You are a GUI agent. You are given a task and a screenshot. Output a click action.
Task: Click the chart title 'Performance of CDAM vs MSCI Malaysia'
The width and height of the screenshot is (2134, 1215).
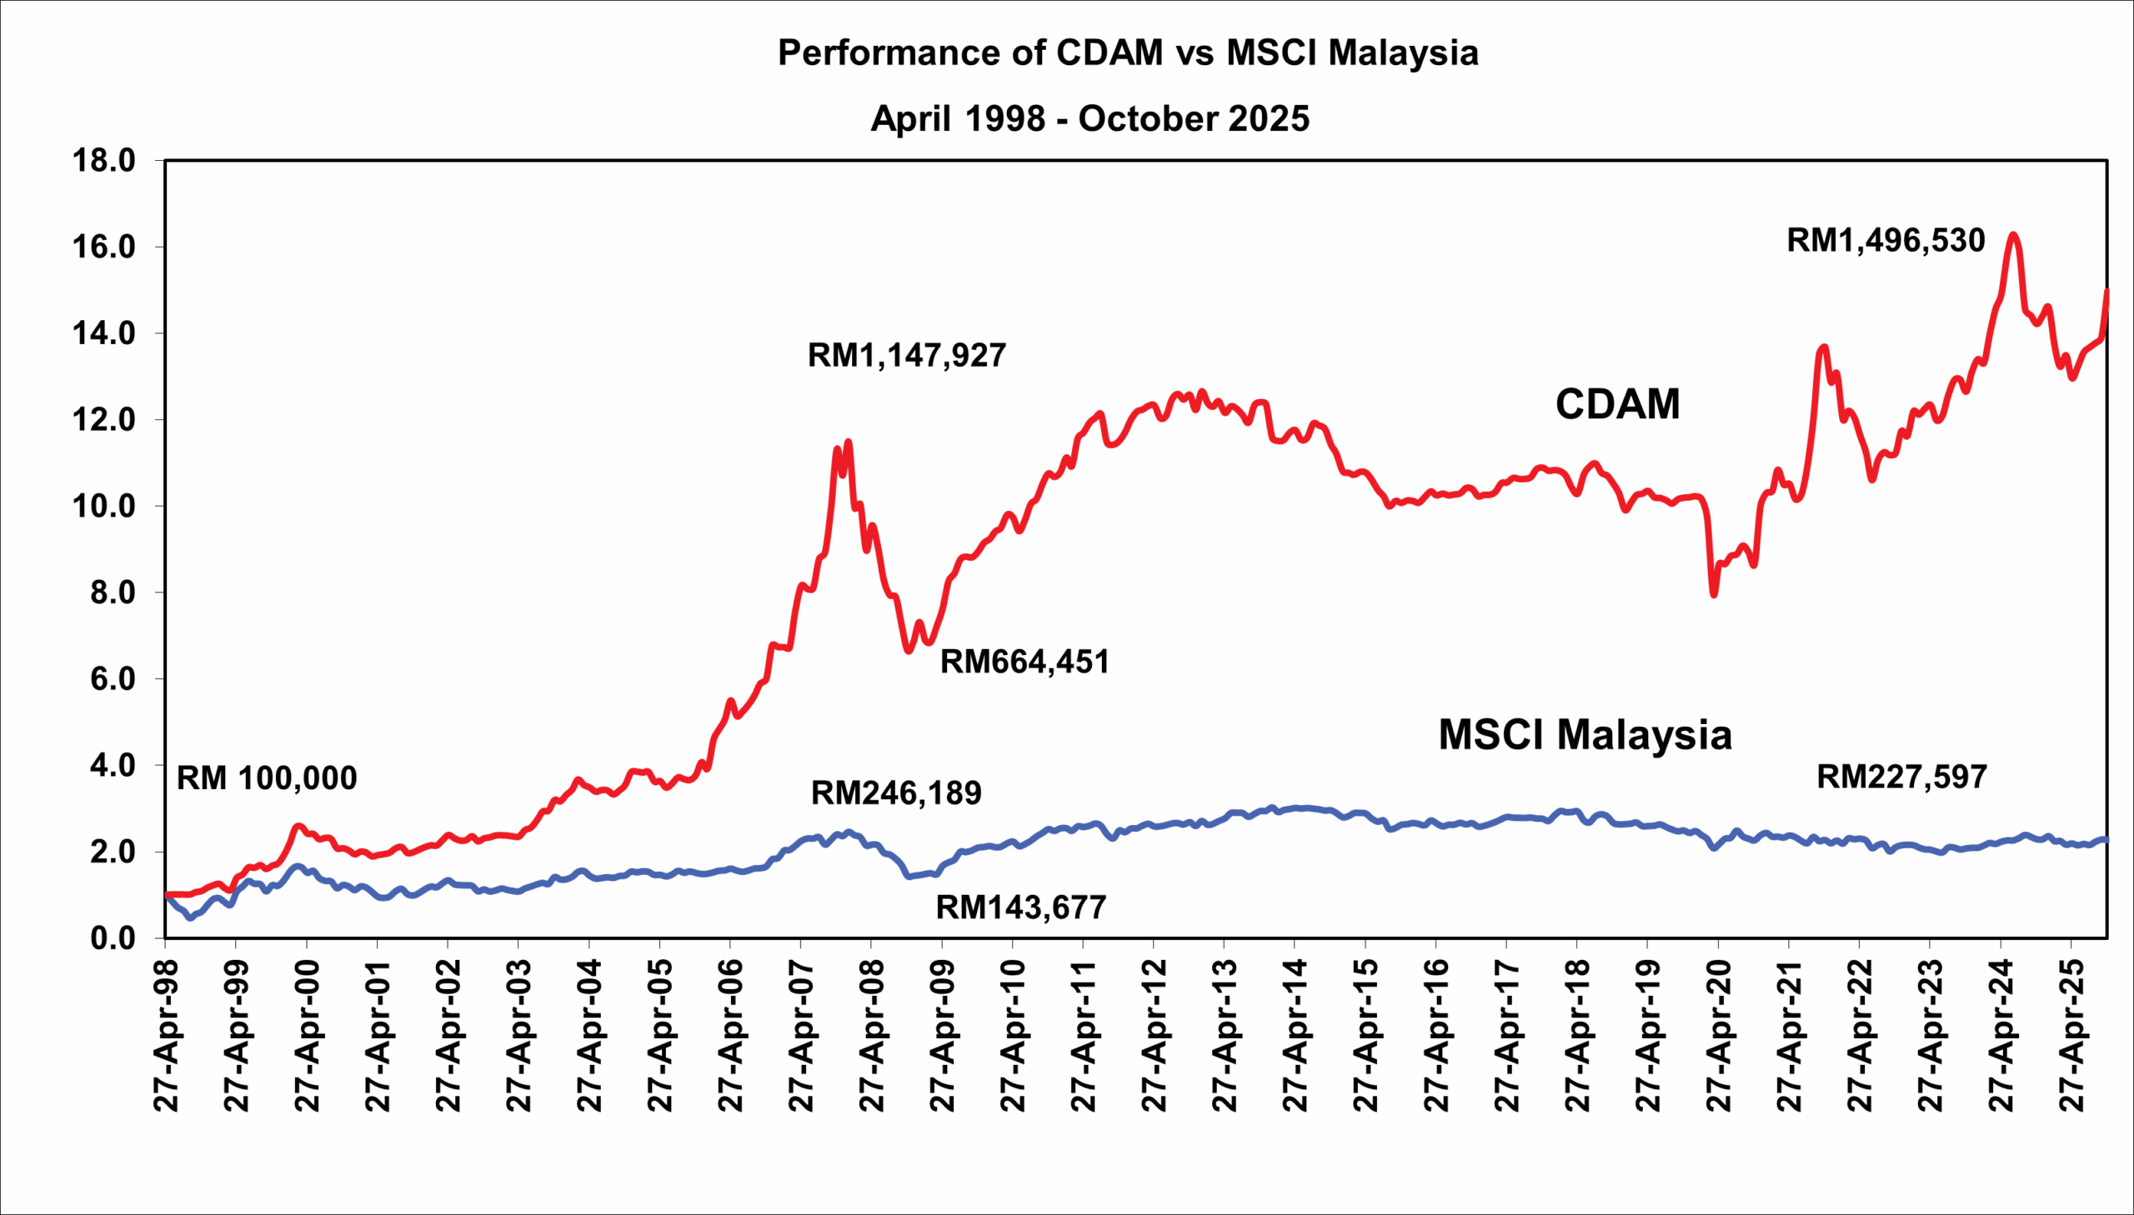(x=1128, y=52)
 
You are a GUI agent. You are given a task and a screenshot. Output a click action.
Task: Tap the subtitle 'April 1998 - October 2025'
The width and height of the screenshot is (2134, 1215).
(x=1090, y=118)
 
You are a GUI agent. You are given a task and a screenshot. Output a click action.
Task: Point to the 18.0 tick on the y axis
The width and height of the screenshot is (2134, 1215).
(x=104, y=160)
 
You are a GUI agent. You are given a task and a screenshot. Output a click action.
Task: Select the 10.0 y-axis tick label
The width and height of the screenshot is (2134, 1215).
(x=104, y=507)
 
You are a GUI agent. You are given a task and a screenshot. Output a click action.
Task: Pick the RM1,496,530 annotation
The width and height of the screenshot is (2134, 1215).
(x=1886, y=240)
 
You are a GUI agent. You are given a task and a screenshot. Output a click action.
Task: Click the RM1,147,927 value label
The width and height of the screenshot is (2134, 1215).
(x=906, y=356)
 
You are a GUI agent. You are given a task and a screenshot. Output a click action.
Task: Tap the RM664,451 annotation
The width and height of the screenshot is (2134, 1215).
(x=1024, y=662)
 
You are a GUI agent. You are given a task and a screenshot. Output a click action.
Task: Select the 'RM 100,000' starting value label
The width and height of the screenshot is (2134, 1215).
(x=267, y=777)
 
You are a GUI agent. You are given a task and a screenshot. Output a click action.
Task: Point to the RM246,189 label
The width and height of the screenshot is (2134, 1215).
(x=896, y=792)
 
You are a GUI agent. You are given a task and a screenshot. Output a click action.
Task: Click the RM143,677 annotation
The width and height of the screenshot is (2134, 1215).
(x=1020, y=907)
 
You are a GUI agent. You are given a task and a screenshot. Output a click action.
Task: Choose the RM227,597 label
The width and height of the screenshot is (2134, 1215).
(x=1901, y=777)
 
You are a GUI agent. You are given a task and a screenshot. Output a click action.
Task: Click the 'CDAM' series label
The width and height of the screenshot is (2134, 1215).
(x=1616, y=404)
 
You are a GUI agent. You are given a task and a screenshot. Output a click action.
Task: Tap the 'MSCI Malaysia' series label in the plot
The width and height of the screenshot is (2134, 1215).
(x=1585, y=735)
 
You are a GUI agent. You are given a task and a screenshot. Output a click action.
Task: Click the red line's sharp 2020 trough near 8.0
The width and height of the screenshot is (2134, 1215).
(x=1713, y=594)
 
